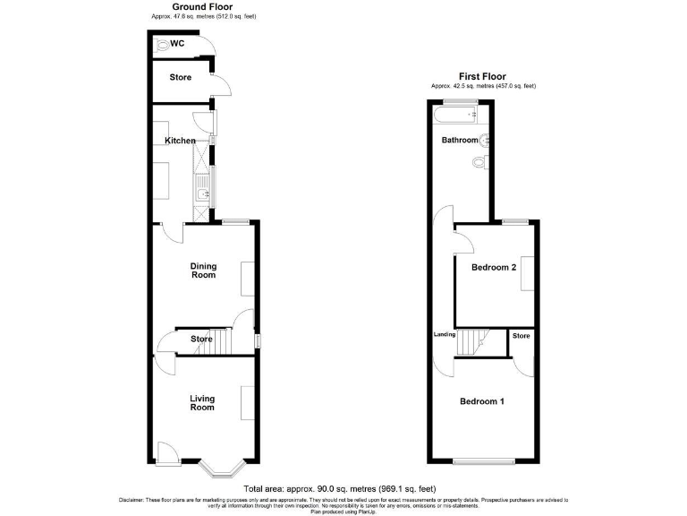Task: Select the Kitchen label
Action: tap(180, 141)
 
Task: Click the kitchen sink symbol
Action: tap(202, 189)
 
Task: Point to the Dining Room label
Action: tap(203, 270)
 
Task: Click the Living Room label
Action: tap(202, 402)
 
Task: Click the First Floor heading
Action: tap(483, 77)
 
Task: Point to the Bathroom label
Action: tap(460, 141)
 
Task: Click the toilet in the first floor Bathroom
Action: tap(480, 162)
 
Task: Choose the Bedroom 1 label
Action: tap(481, 401)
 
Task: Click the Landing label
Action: tap(445, 336)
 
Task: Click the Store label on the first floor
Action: tap(521, 336)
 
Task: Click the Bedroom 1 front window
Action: tap(482, 462)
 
